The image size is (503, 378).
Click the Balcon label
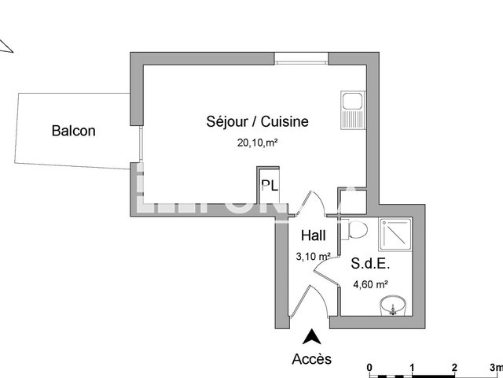tap(73, 131)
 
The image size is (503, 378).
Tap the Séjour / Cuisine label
tap(257, 121)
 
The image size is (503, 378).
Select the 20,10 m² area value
tap(259, 143)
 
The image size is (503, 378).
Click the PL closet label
tap(270, 187)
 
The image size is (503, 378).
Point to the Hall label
tap(314, 235)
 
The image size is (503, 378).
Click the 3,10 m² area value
tap(312, 256)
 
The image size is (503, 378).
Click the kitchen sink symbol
tap(351, 109)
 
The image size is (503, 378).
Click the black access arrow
tap(312, 337)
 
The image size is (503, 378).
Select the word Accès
tap(312, 359)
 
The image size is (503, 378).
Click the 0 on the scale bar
tap(369, 367)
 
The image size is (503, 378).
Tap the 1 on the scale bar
tap(412, 367)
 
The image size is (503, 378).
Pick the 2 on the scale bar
tap(454, 367)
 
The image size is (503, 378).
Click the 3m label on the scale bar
tap(494, 367)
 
